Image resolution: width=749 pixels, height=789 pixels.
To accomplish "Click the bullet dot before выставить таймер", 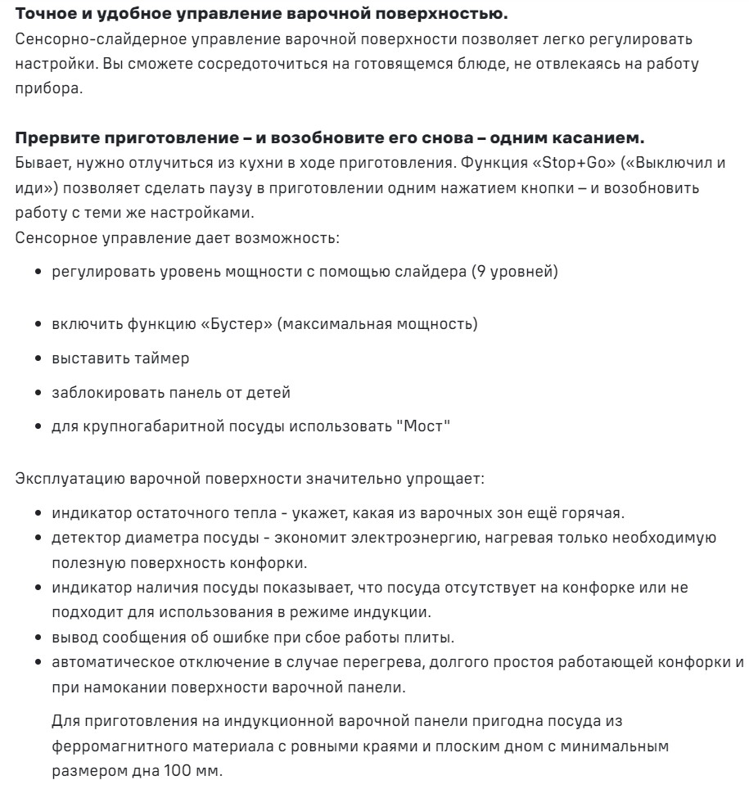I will click(39, 358).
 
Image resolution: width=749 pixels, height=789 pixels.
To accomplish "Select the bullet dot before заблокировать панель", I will click(39, 394).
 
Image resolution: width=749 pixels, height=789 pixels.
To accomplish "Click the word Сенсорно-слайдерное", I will click(87, 39).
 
